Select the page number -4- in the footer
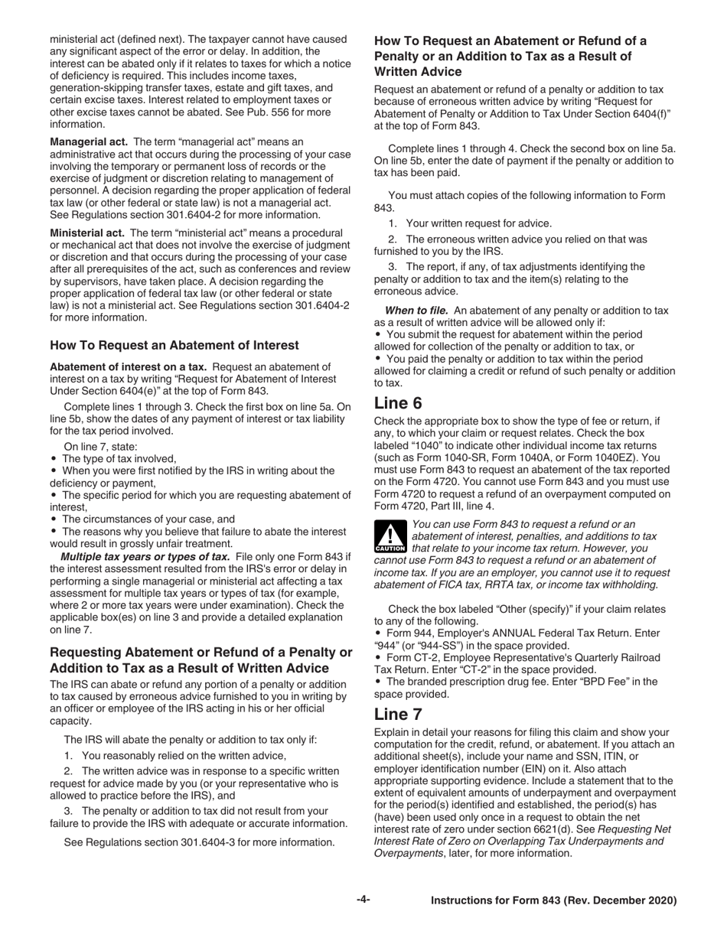(363, 900)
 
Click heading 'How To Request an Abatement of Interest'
(174, 345)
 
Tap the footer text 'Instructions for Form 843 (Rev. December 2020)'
(554, 900)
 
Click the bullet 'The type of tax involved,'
(119, 458)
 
